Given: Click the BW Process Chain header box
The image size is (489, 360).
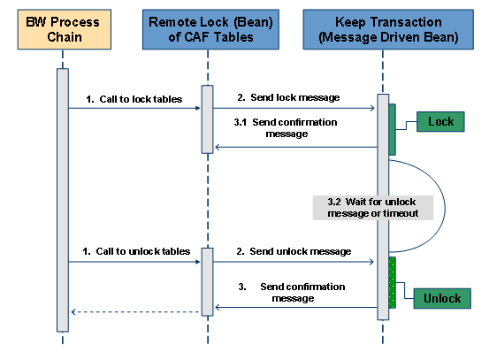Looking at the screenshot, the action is coord(65,29).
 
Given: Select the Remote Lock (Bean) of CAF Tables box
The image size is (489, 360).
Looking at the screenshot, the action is coord(210,29).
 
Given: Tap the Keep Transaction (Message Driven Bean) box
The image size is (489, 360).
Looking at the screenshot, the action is coord(388,29).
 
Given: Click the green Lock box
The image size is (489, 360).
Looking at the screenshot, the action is coord(440,122).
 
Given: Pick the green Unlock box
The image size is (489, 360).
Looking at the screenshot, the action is coord(442,299).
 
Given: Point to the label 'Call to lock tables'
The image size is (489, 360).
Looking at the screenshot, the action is coord(141,99).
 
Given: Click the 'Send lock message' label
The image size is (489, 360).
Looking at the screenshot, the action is coord(295,97).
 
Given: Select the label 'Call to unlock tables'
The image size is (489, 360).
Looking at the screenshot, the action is coord(143,251).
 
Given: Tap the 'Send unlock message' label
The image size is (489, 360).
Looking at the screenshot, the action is coord(301,251).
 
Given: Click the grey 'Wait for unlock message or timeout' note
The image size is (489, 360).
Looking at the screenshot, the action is coord(373,208).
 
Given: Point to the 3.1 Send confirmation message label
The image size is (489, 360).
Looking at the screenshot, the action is coord(286,128).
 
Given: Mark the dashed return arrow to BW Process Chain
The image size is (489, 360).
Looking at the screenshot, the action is coord(136,311).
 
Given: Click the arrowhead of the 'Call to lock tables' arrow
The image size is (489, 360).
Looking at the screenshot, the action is coord(198,108).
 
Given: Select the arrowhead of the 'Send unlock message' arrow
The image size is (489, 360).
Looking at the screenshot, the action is coord(371,262).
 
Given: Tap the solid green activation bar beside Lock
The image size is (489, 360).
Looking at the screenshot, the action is coord(393,129).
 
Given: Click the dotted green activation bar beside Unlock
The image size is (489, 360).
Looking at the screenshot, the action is coord(393,283).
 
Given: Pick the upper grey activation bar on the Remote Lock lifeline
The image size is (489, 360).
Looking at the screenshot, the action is coord(208,119).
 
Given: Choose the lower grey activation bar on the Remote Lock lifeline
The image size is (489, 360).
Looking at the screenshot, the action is coord(208,282).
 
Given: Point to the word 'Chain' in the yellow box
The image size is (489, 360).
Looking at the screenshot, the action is coord(65,37).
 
